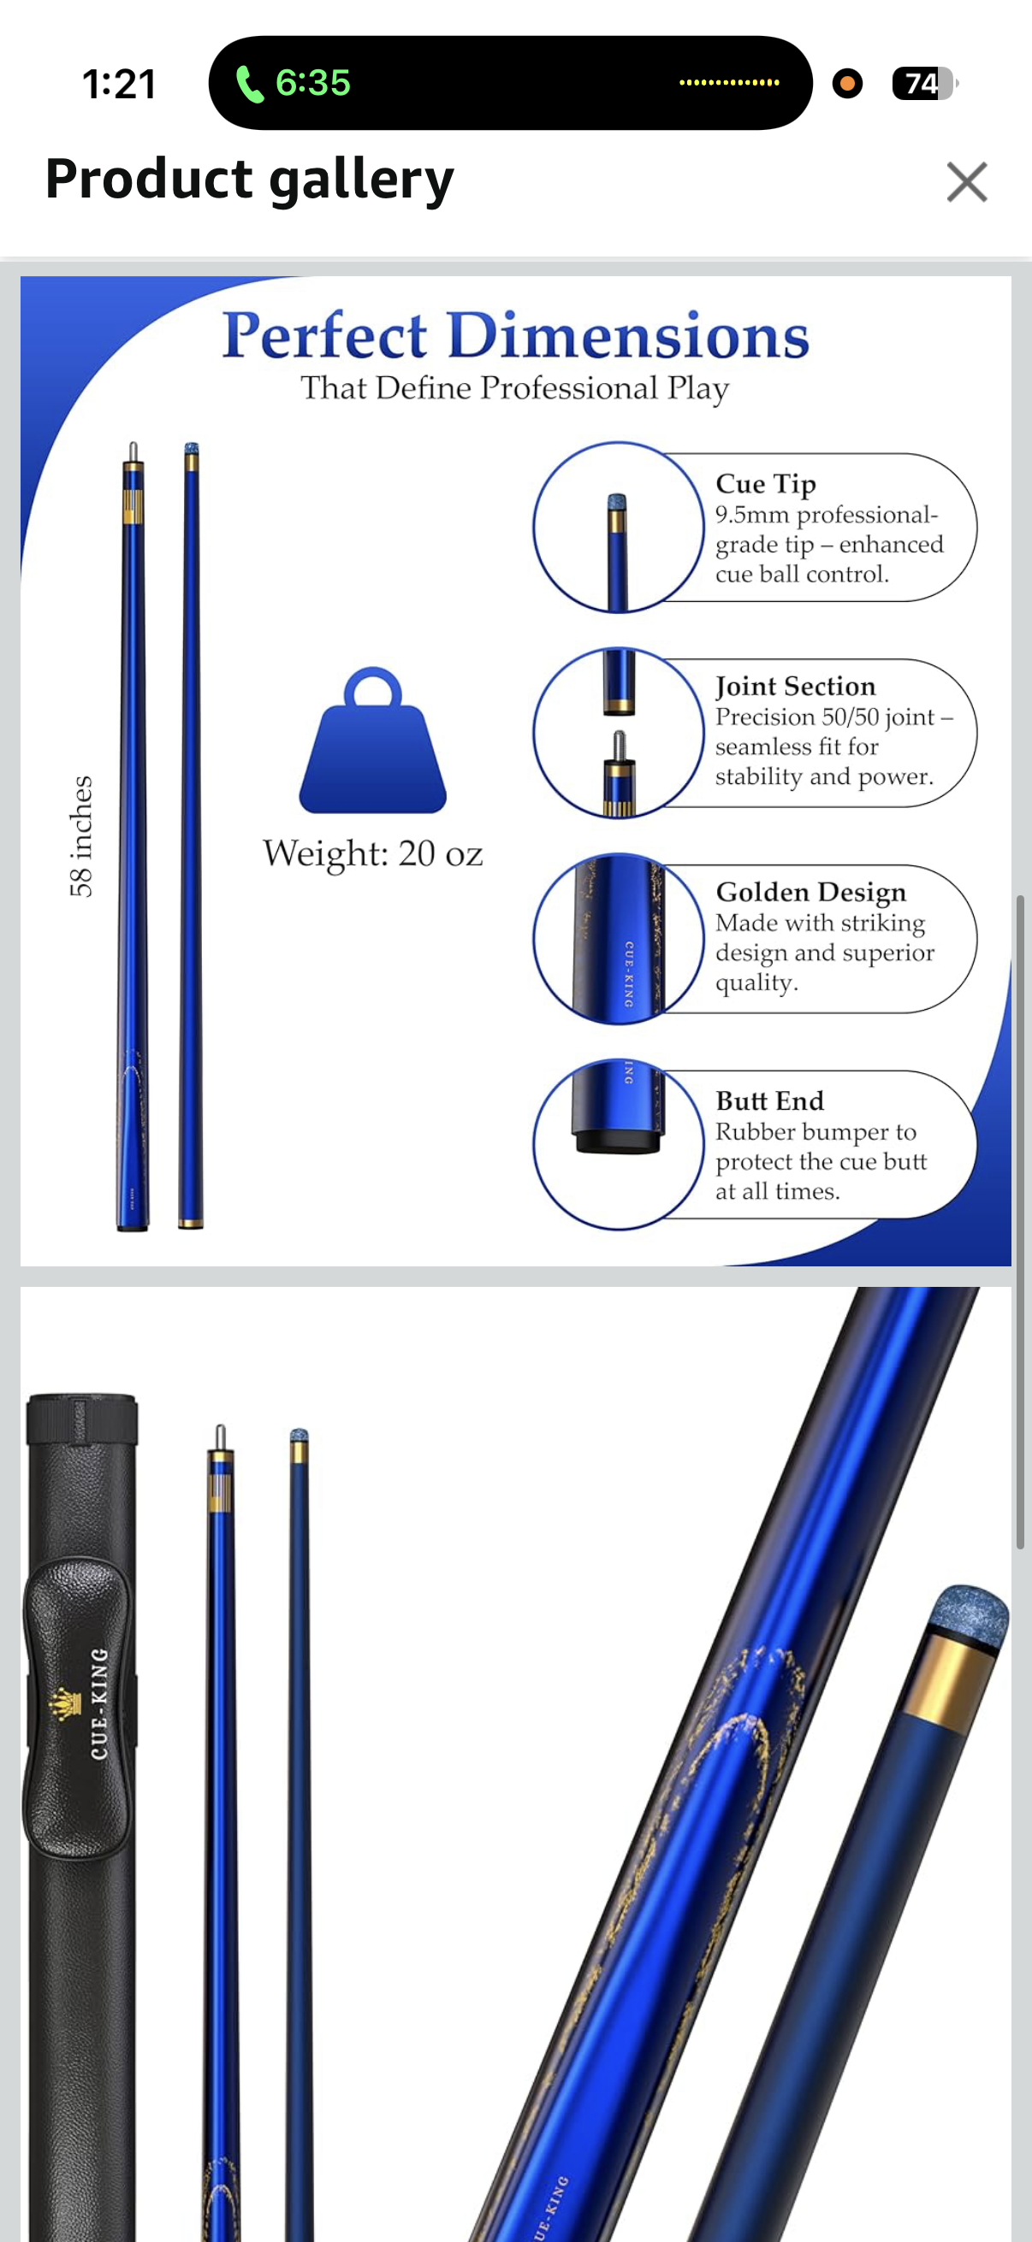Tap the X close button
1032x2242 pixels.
coord(967,182)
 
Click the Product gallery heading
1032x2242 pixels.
coord(249,180)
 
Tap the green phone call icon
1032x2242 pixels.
coord(249,85)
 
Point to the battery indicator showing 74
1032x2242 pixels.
coord(924,84)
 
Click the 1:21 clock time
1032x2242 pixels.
coord(119,85)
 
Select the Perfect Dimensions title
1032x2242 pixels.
coord(515,336)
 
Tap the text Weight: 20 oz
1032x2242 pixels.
coord(373,854)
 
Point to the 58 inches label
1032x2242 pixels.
coord(81,836)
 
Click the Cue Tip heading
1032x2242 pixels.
coord(766,484)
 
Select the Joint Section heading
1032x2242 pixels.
coord(795,687)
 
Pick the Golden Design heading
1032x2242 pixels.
coord(810,892)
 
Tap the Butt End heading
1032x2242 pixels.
coord(769,1101)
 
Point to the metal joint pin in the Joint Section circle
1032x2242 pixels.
coord(619,745)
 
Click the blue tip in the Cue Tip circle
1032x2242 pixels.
coord(617,502)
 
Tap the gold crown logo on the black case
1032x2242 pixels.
coord(63,1704)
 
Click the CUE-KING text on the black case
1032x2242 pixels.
coord(99,1703)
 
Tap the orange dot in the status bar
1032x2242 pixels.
coord(847,84)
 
